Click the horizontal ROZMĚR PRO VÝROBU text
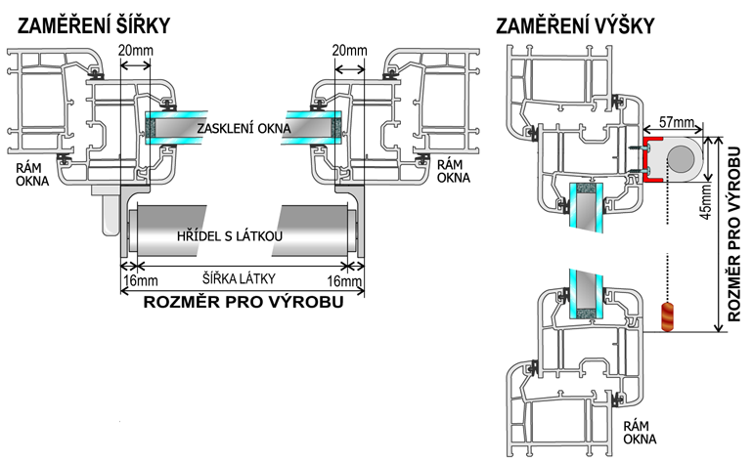pyautogui.click(x=243, y=302)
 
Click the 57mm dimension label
pyautogui.click(x=677, y=122)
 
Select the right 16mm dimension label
pyautogui.click(x=347, y=282)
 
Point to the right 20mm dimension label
pyautogui.click(x=349, y=49)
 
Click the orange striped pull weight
pyautogui.click(x=669, y=317)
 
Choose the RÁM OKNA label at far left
pyautogui.click(x=26, y=173)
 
